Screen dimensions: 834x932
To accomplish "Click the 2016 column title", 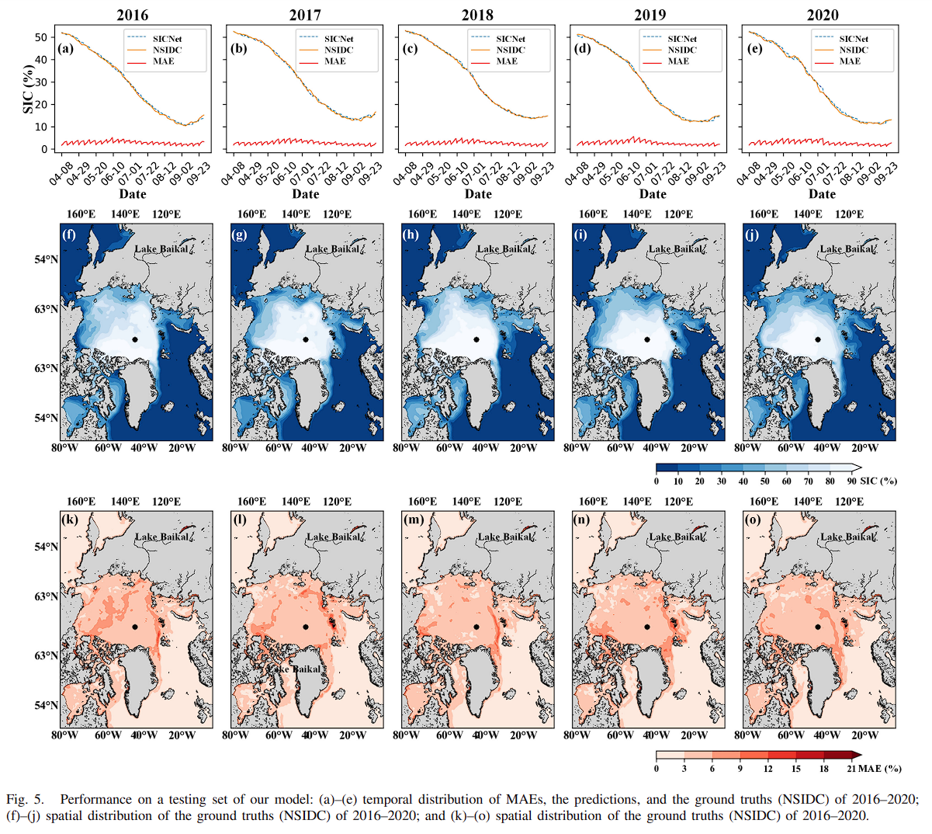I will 132,15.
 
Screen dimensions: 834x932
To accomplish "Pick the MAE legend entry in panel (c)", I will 507,61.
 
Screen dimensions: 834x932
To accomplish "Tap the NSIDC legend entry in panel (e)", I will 854,50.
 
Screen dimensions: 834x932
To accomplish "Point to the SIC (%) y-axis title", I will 29,89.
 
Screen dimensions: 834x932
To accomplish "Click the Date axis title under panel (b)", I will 305,194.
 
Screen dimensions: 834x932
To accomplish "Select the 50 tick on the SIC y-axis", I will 45,36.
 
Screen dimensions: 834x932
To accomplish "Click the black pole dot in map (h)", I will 476,339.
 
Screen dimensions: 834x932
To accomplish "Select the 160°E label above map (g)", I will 251,214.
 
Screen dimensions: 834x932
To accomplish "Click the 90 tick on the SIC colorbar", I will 851,481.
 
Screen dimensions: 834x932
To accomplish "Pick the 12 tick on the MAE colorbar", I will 768,769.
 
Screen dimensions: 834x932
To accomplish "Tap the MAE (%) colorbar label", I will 880,769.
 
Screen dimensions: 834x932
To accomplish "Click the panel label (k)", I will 69,520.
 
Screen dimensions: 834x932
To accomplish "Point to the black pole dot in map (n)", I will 646,627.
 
